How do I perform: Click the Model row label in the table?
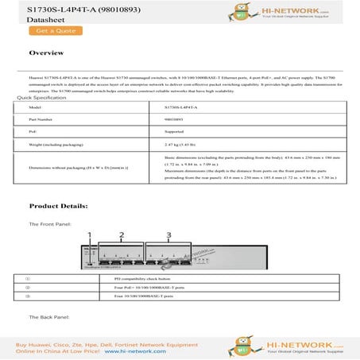pyautogui.click(x=35, y=106)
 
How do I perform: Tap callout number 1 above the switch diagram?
pyautogui.click(x=90, y=234)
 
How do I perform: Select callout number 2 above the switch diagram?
pyautogui.click(x=121, y=234)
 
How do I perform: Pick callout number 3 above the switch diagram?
pyautogui.click(x=169, y=234)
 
